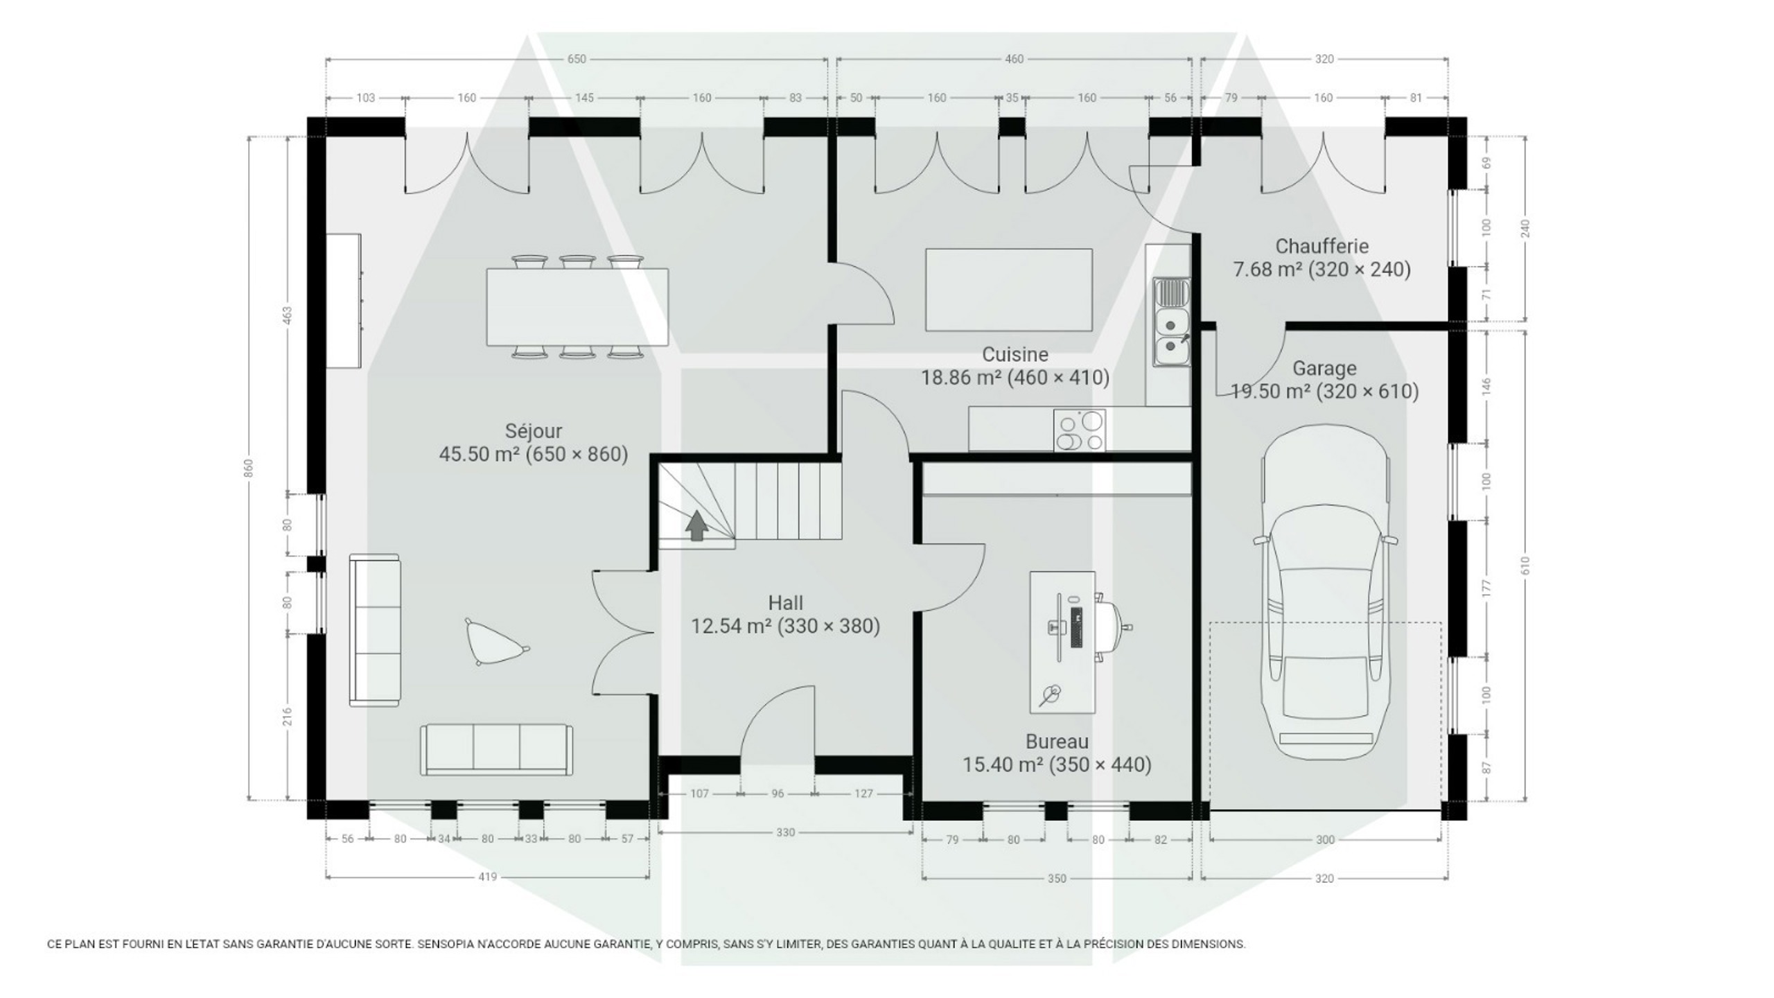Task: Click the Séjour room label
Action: point(534,431)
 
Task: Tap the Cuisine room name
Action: point(1015,355)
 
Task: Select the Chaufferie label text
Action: point(1322,246)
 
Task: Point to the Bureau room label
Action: point(1057,742)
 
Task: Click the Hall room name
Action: point(785,603)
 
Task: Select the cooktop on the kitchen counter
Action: point(1080,430)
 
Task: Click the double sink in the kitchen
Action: point(1172,322)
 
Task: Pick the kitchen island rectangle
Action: point(1009,290)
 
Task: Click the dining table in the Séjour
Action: point(577,307)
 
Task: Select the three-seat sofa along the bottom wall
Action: point(496,750)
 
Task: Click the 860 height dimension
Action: point(249,468)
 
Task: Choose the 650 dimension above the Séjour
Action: point(577,59)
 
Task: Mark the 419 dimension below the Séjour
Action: point(488,877)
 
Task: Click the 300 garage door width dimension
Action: point(1325,840)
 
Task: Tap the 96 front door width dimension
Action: point(778,794)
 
